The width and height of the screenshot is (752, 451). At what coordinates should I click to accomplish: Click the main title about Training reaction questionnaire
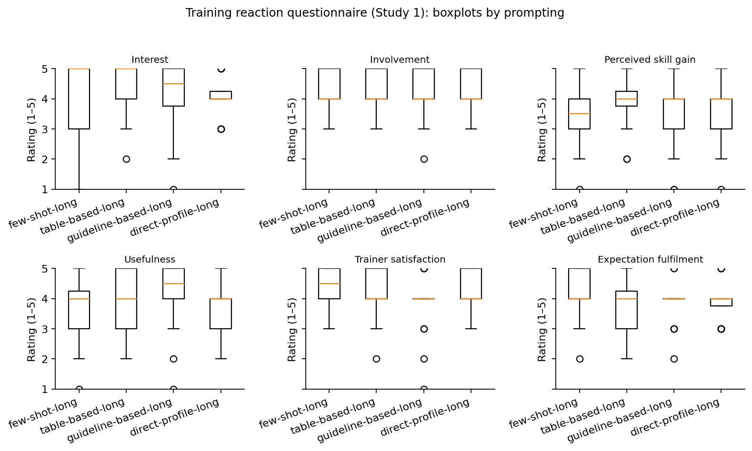click(x=375, y=13)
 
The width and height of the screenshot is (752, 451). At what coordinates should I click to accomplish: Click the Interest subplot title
click(x=150, y=60)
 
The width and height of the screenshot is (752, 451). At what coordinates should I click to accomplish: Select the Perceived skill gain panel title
click(x=650, y=60)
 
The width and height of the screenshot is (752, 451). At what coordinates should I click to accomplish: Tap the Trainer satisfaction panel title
click(x=400, y=260)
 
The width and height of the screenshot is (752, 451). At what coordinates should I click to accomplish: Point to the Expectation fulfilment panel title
click(x=650, y=260)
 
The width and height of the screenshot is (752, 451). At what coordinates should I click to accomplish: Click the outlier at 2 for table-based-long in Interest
click(x=126, y=159)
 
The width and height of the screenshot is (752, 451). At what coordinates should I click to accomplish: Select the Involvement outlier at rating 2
click(x=424, y=159)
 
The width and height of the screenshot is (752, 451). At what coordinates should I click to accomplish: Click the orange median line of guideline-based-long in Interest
click(x=173, y=84)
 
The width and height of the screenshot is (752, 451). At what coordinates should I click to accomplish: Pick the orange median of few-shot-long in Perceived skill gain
click(x=580, y=114)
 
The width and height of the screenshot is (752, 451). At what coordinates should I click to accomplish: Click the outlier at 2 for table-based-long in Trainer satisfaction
click(x=376, y=359)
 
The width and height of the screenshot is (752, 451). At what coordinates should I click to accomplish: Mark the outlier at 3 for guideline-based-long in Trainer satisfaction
click(x=424, y=329)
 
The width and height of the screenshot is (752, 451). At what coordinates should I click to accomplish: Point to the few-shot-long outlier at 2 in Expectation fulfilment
click(x=580, y=359)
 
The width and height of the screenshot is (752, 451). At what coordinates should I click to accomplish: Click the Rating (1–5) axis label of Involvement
click(x=292, y=129)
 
